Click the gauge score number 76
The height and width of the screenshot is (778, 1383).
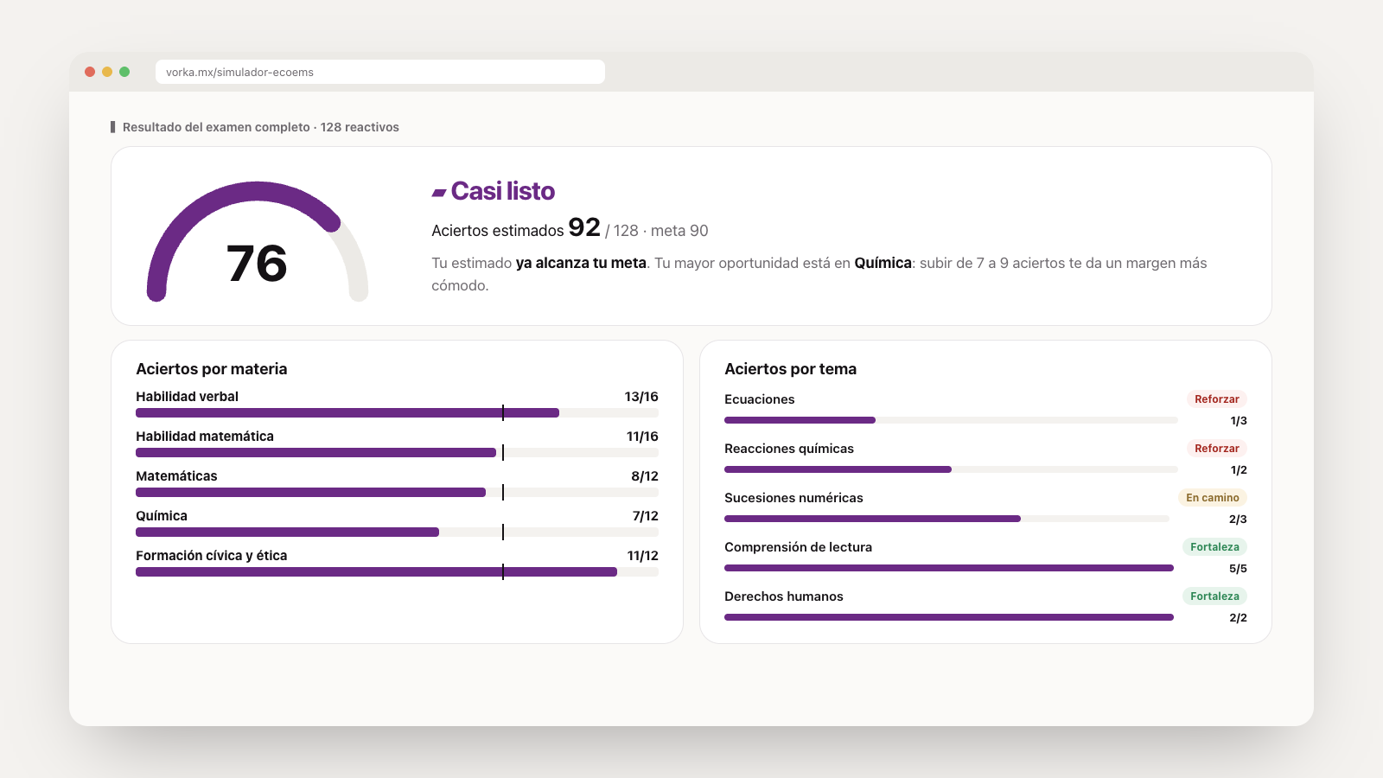point(257,264)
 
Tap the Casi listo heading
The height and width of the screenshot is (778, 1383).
point(502,191)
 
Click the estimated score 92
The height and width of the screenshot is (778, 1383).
point(584,227)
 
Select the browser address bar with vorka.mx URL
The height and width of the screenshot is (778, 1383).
point(379,72)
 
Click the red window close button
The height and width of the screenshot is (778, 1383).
point(90,72)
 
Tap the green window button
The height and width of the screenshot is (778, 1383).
point(124,72)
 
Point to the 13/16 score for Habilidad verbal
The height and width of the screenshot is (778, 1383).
point(641,397)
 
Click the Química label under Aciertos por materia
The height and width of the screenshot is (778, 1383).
point(161,515)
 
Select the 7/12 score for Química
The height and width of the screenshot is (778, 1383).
point(645,515)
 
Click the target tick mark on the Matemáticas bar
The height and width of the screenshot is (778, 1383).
point(503,492)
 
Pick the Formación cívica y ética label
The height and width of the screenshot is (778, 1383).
point(211,556)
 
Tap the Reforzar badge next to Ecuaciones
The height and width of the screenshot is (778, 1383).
point(1216,399)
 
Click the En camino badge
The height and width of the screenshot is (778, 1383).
point(1212,498)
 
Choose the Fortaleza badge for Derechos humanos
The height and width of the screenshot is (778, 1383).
point(1214,596)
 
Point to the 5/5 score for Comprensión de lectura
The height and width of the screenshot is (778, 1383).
point(1238,569)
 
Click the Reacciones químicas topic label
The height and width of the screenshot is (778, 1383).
point(789,449)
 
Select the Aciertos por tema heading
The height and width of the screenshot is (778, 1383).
point(790,368)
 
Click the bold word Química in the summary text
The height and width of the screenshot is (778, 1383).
point(883,263)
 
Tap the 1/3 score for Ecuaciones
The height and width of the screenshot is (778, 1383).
point(1239,420)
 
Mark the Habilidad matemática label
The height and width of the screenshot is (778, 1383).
point(204,437)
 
